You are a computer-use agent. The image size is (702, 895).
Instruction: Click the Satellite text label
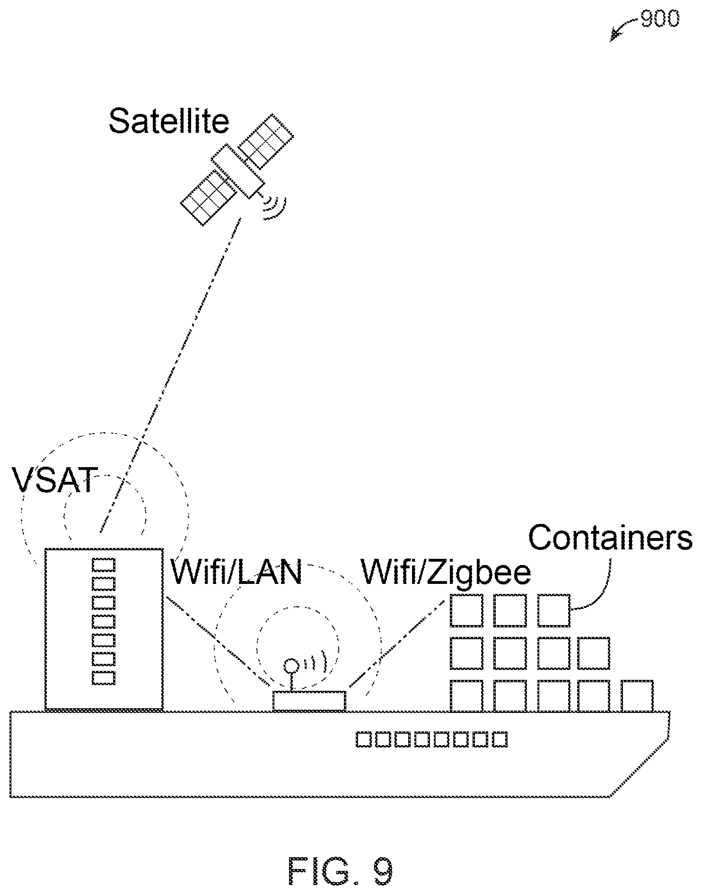pyautogui.click(x=169, y=121)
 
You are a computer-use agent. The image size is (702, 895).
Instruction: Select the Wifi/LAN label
pyautogui.click(x=236, y=572)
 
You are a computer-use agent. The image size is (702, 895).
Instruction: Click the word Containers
pyautogui.click(x=610, y=538)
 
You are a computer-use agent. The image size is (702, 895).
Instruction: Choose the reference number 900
pyautogui.click(x=660, y=19)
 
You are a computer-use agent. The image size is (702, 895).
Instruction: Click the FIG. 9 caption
pyautogui.click(x=341, y=871)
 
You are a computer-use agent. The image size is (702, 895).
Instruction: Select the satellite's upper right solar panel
pyautogui.click(x=266, y=140)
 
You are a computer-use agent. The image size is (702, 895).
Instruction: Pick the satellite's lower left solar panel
pyautogui.click(x=208, y=198)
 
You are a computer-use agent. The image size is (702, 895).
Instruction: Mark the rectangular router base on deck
pyautogui.click(x=309, y=701)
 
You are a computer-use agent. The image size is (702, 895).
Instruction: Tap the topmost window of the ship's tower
pyautogui.click(x=104, y=565)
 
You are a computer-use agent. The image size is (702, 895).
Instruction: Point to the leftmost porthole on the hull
pyautogui.click(x=363, y=739)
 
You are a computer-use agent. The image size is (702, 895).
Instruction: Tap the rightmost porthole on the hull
pyautogui.click(x=500, y=739)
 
